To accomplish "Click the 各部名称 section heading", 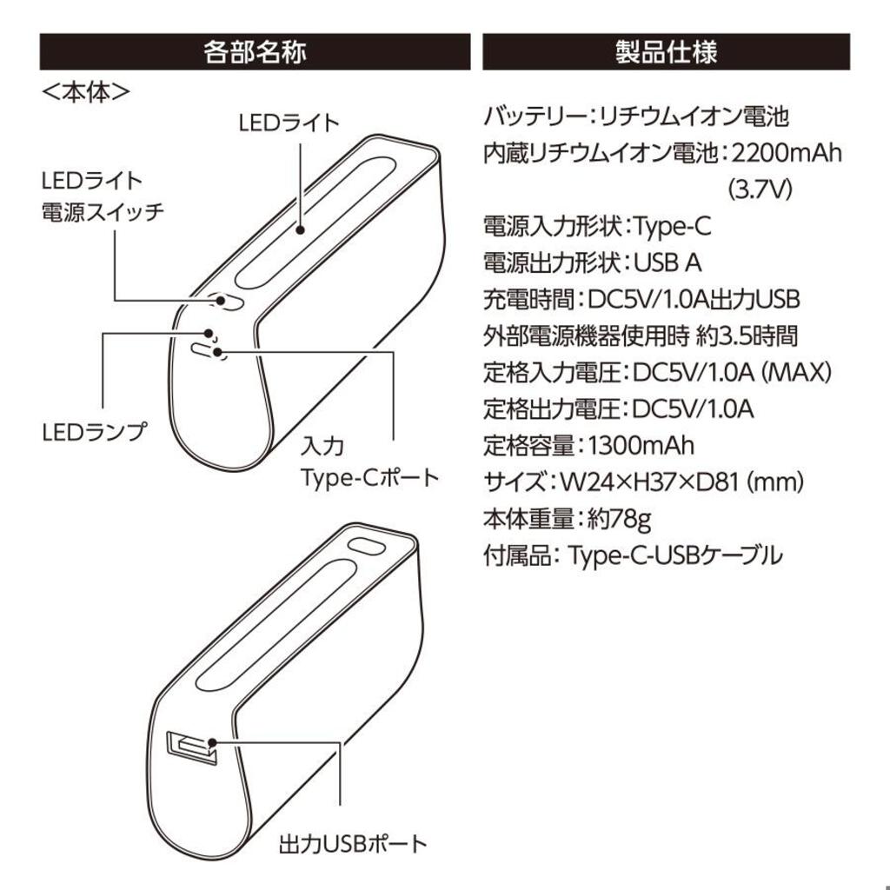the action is pyautogui.click(x=255, y=51).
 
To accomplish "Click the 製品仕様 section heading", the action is pyautogui.click(x=666, y=51).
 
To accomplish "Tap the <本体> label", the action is pyautogui.click(x=86, y=92).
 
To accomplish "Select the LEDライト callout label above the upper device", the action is pyautogui.click(x=289, y=123).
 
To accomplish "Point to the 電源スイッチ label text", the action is pyautogui.click(x=103, y=212).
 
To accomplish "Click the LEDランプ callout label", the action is pyautogui.click(x=94, y=432).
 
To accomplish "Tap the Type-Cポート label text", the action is pyautogui.click(x=370, y=477).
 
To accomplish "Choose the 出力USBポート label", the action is pyautogui.click(x=353, y=844).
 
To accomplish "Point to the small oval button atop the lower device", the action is pyautogui.click(x=366, y=546).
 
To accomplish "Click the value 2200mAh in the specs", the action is pyautogui.click(x=786, y=153).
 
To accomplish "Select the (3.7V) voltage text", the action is pyautogui.click(x=760, y=189).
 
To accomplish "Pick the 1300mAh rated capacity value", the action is pyautogui.click(x=640, y=446).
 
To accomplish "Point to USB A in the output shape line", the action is pyautogui.click(x=667, y=262).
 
